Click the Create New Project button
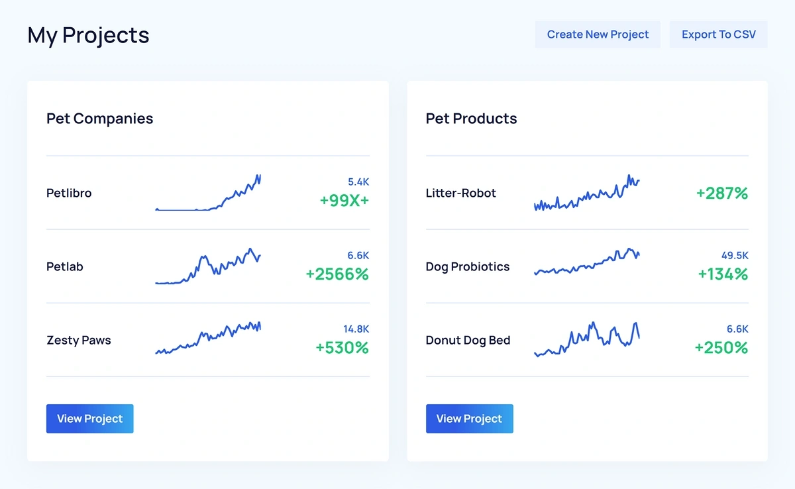[598, 34]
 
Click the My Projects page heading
[88, 35]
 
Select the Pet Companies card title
[99, 119]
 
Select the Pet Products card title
[471, 119]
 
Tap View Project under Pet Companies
[89, 419]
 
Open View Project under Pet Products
[469, 419]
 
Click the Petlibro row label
[69, 193]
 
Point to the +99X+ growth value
[344, 200]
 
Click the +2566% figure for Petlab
[337, 274]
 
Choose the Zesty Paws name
[78, 341]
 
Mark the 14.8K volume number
[356, 329]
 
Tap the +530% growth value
[342, 347]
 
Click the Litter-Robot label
[460, 193]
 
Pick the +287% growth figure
[721, 193]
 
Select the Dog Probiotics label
[467, 267]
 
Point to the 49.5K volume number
[735, 255]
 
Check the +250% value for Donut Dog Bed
[721, 347]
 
